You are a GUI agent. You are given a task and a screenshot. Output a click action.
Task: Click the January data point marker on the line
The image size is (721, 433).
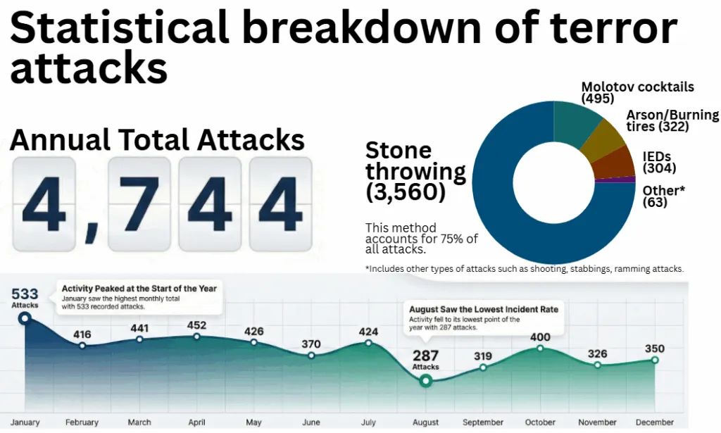click(25, 318)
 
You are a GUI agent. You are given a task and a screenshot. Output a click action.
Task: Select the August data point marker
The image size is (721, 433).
click(425, 381)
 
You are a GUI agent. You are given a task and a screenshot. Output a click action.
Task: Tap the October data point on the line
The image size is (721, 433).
click(540, 348)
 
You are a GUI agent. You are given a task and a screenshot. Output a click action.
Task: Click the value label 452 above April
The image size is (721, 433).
click(196, 325)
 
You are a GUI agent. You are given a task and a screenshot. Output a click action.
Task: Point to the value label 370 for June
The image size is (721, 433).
click(311, 344)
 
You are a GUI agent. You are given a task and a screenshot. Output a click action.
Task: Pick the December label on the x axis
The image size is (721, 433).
click(654, 422)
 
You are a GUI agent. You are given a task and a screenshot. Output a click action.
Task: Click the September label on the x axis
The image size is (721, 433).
click(482, 422)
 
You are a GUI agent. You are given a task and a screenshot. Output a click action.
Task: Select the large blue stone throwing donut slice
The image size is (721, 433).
click(507, 225)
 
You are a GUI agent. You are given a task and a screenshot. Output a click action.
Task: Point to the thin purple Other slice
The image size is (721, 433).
click(617, 180)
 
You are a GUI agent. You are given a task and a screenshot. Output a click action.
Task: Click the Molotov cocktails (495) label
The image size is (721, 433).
click(637, 93)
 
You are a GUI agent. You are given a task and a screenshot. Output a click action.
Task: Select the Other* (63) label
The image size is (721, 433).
click(663, 196)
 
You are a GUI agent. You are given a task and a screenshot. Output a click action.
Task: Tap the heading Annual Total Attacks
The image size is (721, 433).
click(156, 141)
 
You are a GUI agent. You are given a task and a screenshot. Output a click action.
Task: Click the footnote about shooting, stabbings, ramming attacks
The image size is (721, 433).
click(525, 268)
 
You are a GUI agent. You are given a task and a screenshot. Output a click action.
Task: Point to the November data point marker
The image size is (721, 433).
click(597, 365)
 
